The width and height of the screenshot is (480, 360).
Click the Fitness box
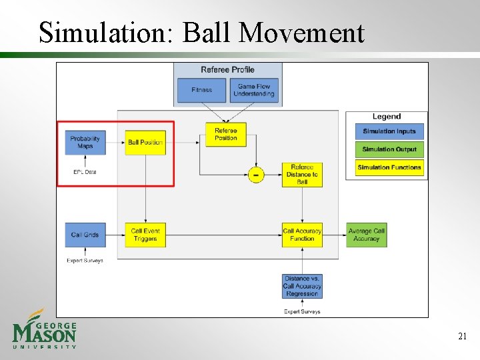click(201, 90)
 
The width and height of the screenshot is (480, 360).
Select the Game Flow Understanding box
click(256, 90)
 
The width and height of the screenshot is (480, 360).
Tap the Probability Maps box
click(85, 142)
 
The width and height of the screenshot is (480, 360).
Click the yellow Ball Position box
click(145, 142)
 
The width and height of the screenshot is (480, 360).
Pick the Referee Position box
click(226, 134)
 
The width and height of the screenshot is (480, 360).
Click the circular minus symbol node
click(255, 175)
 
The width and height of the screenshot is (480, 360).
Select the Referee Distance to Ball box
click(302, 174)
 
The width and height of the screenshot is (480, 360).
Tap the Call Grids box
click(85, 235)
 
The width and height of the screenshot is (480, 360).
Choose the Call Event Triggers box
click(145, 235)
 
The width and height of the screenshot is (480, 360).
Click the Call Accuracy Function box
click(302, 235)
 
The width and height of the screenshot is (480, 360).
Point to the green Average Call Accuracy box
click(366, 235)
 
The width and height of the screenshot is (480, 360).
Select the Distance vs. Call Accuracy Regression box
click(302, 286)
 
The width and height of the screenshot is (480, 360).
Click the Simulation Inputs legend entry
click(389, 131)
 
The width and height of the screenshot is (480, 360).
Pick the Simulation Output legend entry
click(389, 149)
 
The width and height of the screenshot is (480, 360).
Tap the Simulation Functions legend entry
click(389, 167)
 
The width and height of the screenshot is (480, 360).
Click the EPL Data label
click(85, 172)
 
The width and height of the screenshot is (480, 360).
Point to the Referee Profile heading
click(227, 70)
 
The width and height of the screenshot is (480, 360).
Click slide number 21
click(462, 337)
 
